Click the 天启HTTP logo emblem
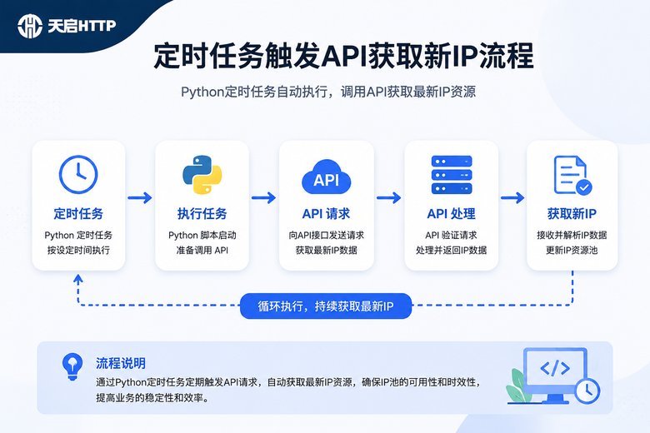coord(30,26)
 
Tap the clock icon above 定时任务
coord(78,174)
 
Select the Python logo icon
coord(202,174)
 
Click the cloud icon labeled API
coord(326,177)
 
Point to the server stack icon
coord(452,175)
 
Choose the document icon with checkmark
coord(572,175)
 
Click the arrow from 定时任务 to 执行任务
coord(140,197)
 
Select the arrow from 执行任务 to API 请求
coord(263,197)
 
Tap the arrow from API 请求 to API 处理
coord(389,197)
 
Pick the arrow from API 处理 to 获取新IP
coord(512,197)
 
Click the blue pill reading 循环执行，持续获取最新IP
coord(326,306)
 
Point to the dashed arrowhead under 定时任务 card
coord(78,279)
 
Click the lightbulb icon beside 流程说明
coord(72,366)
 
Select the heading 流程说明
coord(121,363)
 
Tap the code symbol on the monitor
coord(555,368)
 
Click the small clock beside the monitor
coord(587,391)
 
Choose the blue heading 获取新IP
coord(572,214)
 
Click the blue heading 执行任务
coord(202,214)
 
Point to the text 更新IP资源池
coord(572,251)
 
